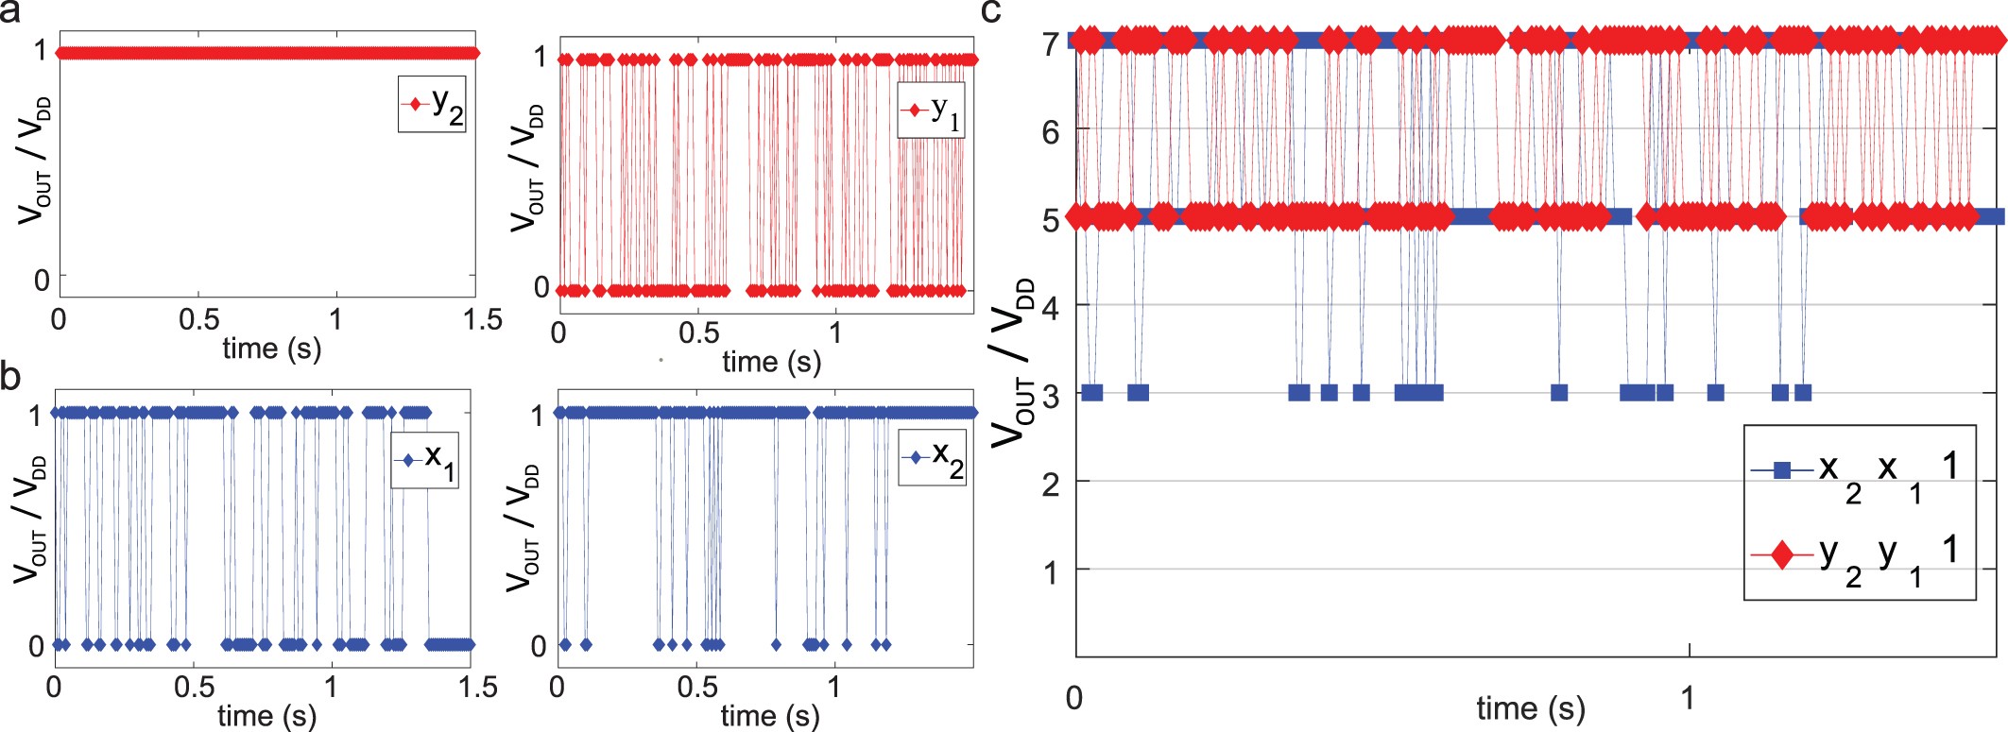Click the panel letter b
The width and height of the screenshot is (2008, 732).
pyautogui.click(x=11, y=376)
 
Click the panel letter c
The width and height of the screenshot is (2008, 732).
pyautogui.click(x=991, y=11)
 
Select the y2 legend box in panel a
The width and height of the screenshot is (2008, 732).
pyautogui.click(x=432, y=104)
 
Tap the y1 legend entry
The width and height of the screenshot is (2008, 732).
pyautogui.click(x=931, y=111)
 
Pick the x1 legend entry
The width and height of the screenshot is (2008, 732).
pyautogui.click(x=425, y=460)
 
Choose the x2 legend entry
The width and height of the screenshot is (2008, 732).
pyautogui.click(x=932, y=457)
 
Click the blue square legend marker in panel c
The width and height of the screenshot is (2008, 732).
pyautogui.click(x=1781, y=469)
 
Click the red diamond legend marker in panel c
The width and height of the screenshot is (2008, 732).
pyautogui.click(x=1781, y=554)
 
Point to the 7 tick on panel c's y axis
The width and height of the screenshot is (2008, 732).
pyautogui.click(x=1052, y=43)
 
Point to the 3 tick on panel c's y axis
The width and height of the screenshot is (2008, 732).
pyautogui.click(x=1052, y=394)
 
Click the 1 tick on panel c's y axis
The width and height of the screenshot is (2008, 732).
pyautogui.click(x=1052, y=571)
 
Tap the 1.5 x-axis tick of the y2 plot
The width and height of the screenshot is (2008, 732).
pyautogui.click(x=483, y=319)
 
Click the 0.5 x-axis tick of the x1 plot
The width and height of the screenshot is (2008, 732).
pyautogui.click(x=194, y=687)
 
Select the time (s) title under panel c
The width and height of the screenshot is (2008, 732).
pyautogui.click(x=1530, y=708)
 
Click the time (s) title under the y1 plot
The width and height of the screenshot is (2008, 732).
pyautogui.click(x=771, y=362)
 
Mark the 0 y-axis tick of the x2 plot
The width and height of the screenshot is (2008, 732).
pyautogui.click(x=538, y=646)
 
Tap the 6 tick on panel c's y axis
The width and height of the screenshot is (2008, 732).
pyautogui.click(x=1052, y=131)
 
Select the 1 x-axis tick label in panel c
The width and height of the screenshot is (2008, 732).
pyautogui.click(x=1688, y=699)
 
